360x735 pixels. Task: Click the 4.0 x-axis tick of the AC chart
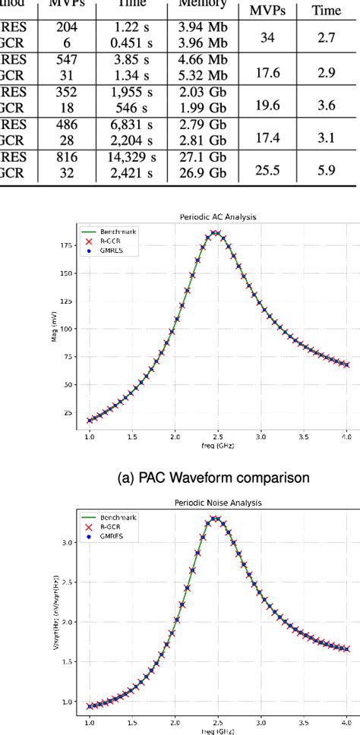(346, 438)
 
